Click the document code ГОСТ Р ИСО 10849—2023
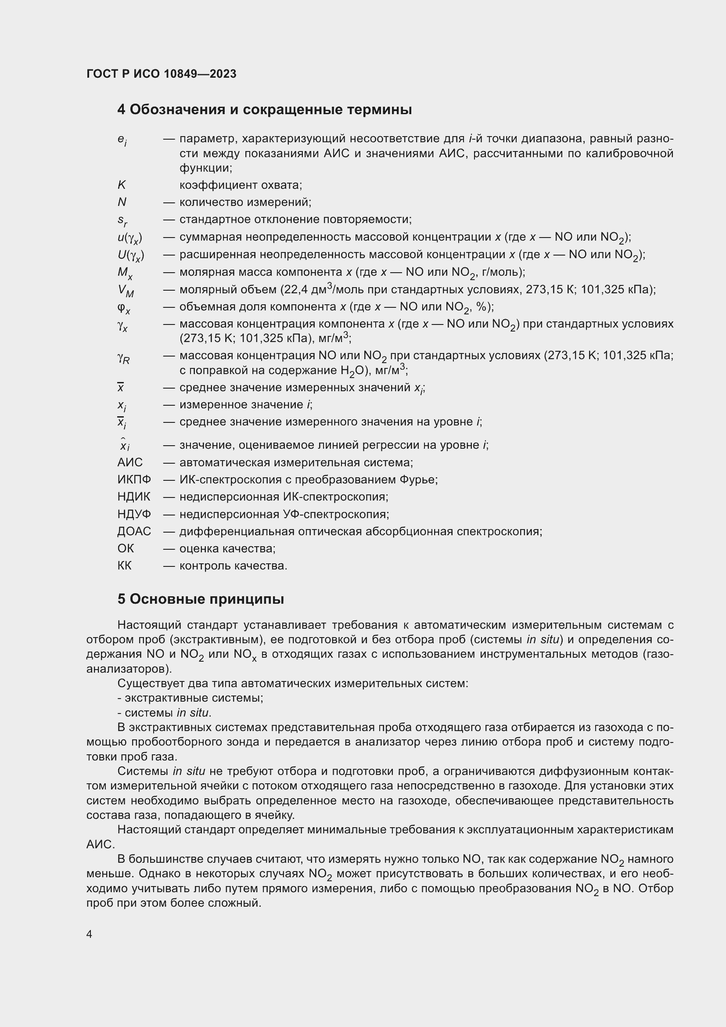[162, 74]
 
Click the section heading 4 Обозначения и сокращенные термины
[264, 110]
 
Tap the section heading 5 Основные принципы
[200, 599]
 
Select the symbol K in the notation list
[122, 185]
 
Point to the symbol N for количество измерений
[122, 202]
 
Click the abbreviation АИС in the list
[130, 462]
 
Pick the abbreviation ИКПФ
[134, 479]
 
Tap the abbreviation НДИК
[134, 497]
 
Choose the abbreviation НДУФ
[134, 514]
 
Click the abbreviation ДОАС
[134, 531]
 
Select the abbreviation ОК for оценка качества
[126, 548]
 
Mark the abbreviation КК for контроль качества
[124, 566]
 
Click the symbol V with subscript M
[126, 291]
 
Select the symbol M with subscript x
[125, 273]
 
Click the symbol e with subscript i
[122, 140]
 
